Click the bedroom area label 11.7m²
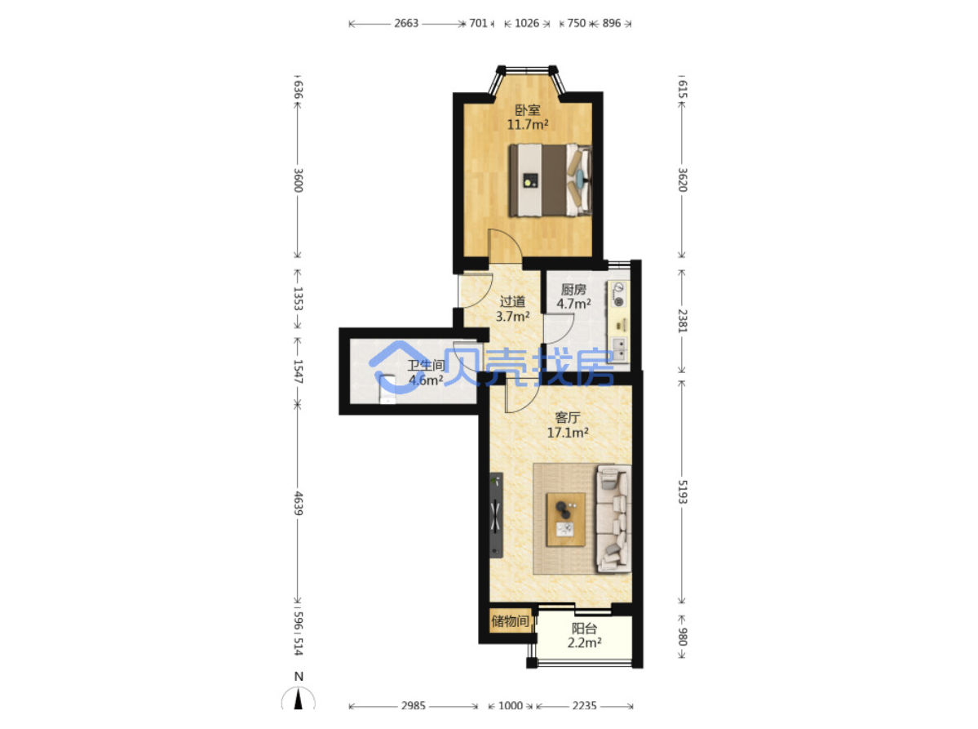[528, 124]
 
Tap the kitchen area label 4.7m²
[573, 304]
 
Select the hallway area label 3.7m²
[513, 317]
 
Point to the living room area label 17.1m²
[568, 433]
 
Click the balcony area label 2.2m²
[584, 642]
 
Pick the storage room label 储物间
[510, 621]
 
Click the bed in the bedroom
[550, 180]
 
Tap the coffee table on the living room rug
[566, 520]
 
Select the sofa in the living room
[613, 518]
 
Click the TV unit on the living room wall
[496, 516]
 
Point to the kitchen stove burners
[619, 295]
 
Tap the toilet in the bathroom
[388, 389]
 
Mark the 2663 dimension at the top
[406, 23]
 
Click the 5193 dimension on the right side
[682, 491]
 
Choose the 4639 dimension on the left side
[299, 504]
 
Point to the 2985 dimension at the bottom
[413, 705]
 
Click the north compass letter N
[299, 677]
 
